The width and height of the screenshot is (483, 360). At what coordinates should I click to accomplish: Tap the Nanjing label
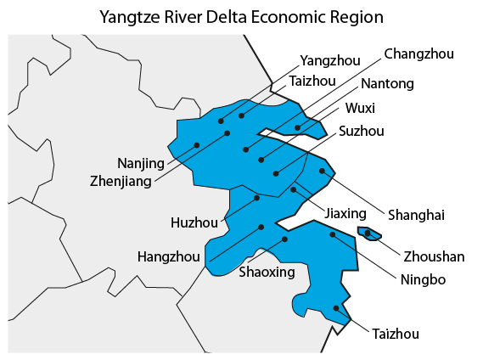pyautogui.click(x=141, y=163)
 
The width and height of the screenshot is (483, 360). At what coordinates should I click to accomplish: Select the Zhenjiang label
pyautogui.click(x=121, y=180)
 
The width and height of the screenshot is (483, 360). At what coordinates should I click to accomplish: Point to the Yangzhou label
pyautogui.click(x=331, y=60)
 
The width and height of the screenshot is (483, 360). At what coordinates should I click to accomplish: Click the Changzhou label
pyautogui.click(x=418, y=54)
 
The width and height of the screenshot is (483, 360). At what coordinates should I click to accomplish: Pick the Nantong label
pyautogui.click(x=387, y=83)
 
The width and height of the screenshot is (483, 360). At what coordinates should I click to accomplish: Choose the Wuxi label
pyautogui.click(x=360, y=108)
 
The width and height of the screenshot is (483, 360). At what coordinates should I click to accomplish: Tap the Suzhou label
pyautogui.click(x=362, y=131)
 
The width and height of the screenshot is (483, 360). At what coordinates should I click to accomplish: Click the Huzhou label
pyautogui.click(x=194, y=223)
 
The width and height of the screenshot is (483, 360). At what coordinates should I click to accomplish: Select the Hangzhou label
pyautogui.click(x=169, y=256)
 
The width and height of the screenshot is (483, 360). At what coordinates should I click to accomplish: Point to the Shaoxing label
pyautogui.click(x=267, y=273)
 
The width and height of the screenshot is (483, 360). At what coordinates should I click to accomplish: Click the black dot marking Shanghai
pyautogui.click(x=323, y=171)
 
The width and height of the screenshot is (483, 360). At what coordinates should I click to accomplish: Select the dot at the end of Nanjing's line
pyautogui.click(x=197, y=145)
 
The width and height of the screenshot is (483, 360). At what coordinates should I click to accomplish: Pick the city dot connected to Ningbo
pyautogui.click(x=333, y=234)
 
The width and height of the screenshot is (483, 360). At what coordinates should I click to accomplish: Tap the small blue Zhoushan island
pyautogui.click(x=370, y=233)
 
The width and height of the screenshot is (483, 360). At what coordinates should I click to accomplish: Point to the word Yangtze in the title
pyautogui.click(x=128, y=16)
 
